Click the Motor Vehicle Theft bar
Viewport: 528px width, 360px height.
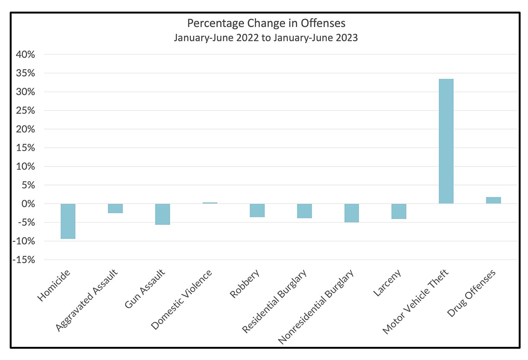(x=446, y=141)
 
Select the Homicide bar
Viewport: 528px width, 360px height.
(x=68, y=221)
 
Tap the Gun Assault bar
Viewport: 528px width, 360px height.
(x=162, y=214)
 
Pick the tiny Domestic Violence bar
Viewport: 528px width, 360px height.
(x=210, y=203)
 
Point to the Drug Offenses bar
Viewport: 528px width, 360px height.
(x=493, y=200)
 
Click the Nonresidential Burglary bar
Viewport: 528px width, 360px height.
(x=352, y=213)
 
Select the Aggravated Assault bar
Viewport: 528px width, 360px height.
(x=115, y=208)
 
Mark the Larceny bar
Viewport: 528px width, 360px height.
(x=399, y=211)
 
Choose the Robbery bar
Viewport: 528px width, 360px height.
(x=257, y=210)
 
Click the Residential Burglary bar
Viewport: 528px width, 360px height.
(x=304, y=211)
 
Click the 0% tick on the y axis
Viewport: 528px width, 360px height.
(x=28, y=204)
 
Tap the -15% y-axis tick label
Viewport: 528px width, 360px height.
(x=24, y=260)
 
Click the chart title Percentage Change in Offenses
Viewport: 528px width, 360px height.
(x=266, y=23)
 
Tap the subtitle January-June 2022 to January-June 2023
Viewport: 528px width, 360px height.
(x=266, y=38)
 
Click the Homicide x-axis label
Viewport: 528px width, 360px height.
(x=54, y=285)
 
